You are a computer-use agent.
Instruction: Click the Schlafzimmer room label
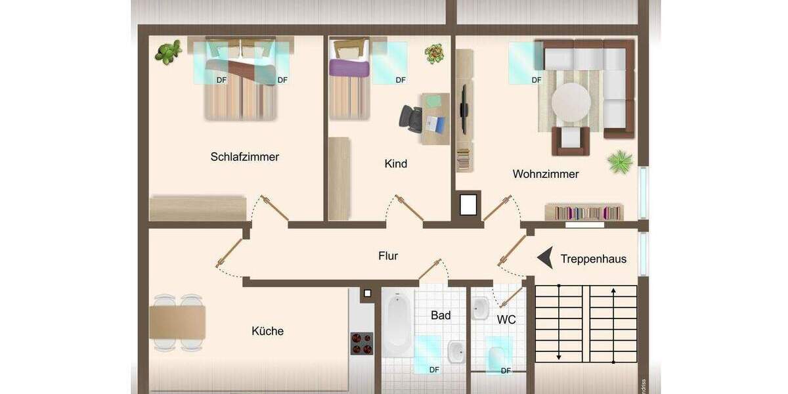(244, 157)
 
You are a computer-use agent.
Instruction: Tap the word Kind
(395, 164)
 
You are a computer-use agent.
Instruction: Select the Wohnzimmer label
(545, 174)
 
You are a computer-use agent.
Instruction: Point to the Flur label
(388, 256)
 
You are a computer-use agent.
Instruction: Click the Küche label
(267, 331)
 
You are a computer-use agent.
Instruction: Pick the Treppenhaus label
(593, 259)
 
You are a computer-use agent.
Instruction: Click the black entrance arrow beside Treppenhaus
(544, 259)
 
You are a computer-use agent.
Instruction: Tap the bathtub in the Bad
(397, 322)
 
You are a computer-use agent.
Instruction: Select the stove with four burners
(361, 343)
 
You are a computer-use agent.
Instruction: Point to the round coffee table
(571, 102)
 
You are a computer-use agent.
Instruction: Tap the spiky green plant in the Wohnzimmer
(620, 162)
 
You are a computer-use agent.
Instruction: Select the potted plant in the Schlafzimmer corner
(168, 52)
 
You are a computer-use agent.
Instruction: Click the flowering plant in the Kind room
(433, 53)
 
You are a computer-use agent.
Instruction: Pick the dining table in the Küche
(177, 322)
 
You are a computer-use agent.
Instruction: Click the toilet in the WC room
(498, 357)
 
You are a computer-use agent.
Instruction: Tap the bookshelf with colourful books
(584, 212)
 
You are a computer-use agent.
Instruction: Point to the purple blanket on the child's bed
(350, 66)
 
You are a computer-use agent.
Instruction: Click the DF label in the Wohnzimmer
(536, 80)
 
